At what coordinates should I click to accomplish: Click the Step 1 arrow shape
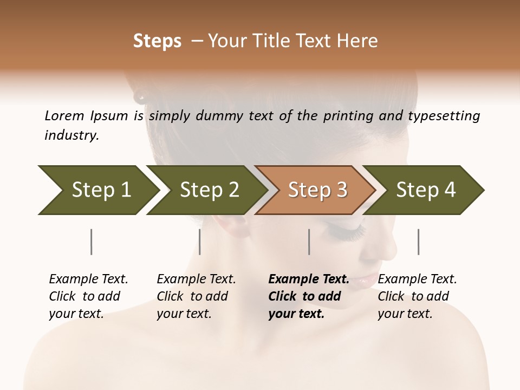(x=97, y=190)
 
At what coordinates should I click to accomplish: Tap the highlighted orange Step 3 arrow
(x=316, y=190)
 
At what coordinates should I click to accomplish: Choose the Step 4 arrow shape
(x=425, y=190)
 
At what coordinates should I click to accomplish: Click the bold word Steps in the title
(x=157, y=41)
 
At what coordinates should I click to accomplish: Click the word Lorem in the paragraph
(x=64, y=115)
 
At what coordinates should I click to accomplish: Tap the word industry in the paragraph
(x=71, y=135)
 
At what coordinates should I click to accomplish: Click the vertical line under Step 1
(x=92, y=242)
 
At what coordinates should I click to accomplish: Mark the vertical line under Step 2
(x=200, y=242)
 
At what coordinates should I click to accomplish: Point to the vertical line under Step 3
(x=309, y=242)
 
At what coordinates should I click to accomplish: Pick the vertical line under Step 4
(x=418, y=242)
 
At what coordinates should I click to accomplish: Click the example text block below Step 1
(x=88, y=296)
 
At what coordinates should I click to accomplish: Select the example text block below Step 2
(x=196, y=296)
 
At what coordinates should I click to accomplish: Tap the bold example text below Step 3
(x=308, y=296)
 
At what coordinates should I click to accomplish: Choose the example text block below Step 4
(x=417, y=296)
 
